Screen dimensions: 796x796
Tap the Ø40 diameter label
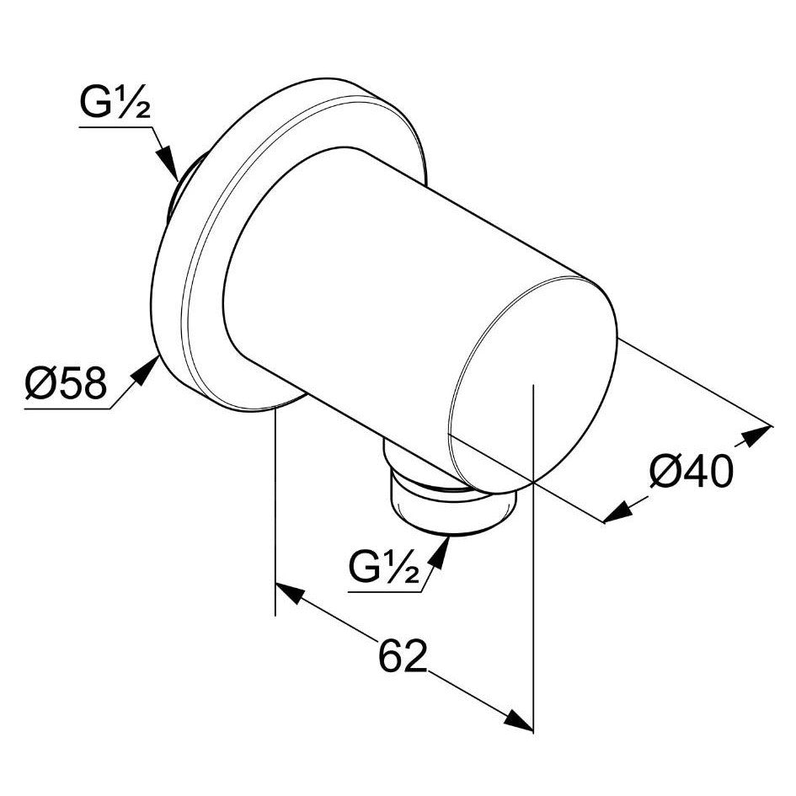(x=691, y=474)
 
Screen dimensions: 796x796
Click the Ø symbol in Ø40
(x=665, y=474)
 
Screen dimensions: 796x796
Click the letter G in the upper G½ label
(x=95, y=106)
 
